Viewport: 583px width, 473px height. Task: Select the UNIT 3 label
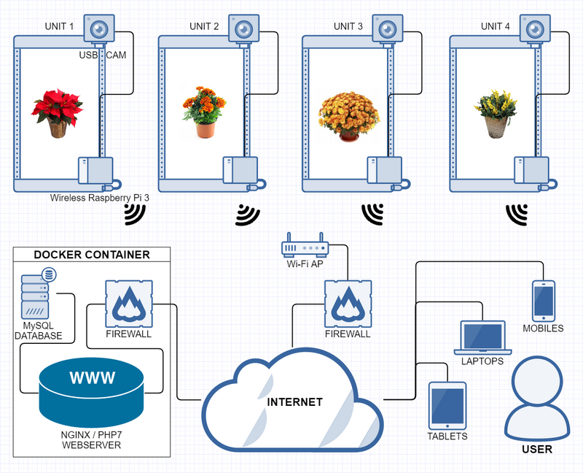pos(348,26)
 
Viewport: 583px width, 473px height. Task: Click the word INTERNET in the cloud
pos(294,402)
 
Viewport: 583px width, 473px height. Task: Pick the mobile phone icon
pos(543,301)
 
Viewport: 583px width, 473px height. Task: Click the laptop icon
pos(482,337)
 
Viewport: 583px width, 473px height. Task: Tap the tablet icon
pos(447,406)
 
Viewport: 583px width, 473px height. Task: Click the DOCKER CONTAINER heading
pos(92,255)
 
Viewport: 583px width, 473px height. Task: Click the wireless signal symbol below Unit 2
pos(248,214)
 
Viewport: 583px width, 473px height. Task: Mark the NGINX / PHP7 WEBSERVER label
pos(91,439)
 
